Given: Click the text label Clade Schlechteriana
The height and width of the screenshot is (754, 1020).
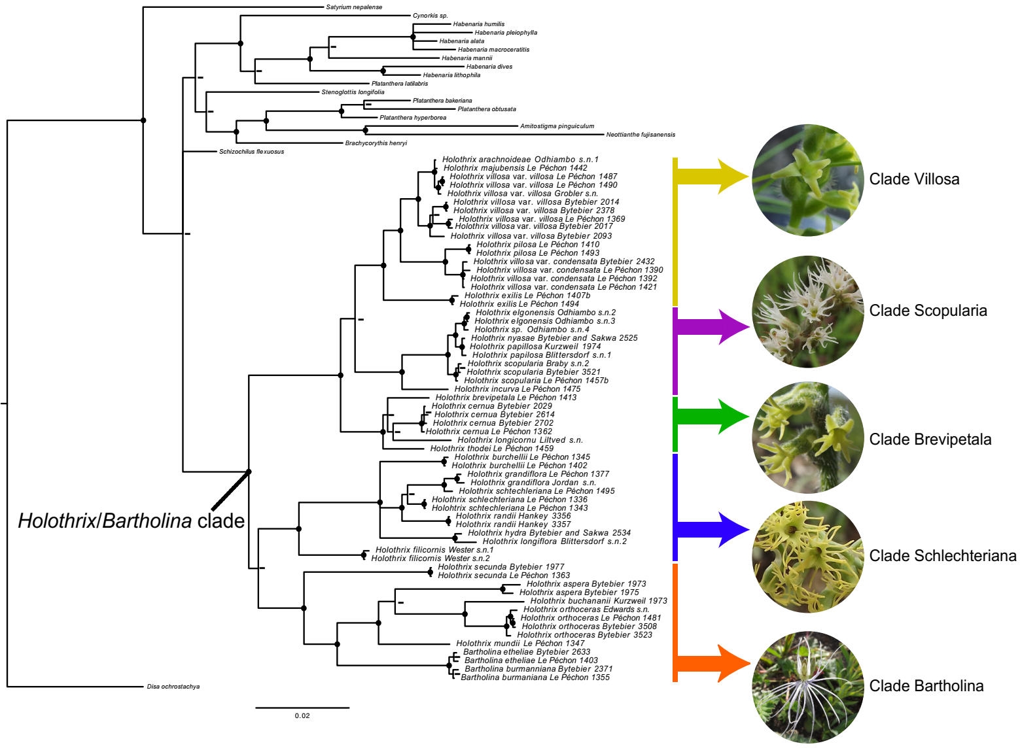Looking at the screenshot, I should tap(943, 556).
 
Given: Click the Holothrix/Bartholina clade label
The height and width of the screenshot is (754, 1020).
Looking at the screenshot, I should tap(131, 521).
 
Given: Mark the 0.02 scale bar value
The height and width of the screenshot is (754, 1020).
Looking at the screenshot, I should tap(302, 716).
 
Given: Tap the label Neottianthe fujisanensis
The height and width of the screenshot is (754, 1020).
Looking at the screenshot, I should tap(641, 135).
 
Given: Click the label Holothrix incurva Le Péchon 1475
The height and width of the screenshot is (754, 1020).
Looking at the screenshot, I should tap(518, 388).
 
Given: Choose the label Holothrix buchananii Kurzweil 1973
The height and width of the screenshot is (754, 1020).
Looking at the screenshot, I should tap(599, 600).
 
